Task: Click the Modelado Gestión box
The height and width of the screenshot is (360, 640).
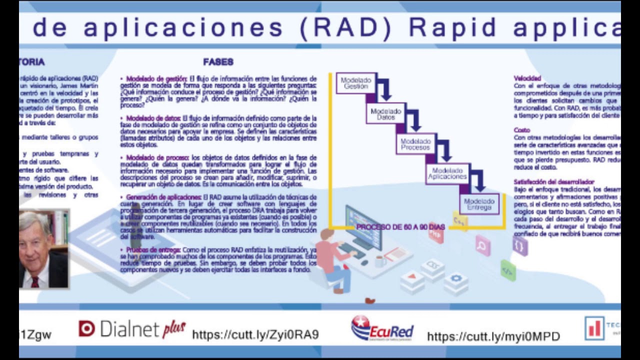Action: click(356, 83)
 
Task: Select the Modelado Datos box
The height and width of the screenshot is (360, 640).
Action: click(386, 113)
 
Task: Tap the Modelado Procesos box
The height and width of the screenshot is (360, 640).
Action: click(415, 144)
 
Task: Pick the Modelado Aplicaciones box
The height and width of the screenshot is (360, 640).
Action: click(447, 173)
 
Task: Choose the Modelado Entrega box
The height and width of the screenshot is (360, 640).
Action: click(479, 204)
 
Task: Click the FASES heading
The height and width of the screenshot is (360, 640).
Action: click(218, 62)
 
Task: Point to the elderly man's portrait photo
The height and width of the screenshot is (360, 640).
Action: click(43, 249)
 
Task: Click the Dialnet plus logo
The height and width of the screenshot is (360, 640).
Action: click(132, 328)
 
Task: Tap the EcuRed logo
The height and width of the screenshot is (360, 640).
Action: click(382, 328)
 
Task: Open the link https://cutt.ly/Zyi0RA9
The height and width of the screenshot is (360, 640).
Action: click(255, 334)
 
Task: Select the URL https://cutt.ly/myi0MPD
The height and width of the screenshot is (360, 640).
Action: click(493, 336)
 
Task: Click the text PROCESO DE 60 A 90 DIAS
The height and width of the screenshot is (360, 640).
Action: click(400, 227)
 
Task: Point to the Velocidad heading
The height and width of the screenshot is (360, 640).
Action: click(527, 78)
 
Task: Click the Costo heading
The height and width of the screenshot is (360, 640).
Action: click(521, 130)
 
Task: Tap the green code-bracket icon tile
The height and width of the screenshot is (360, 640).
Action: click(508, 270)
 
